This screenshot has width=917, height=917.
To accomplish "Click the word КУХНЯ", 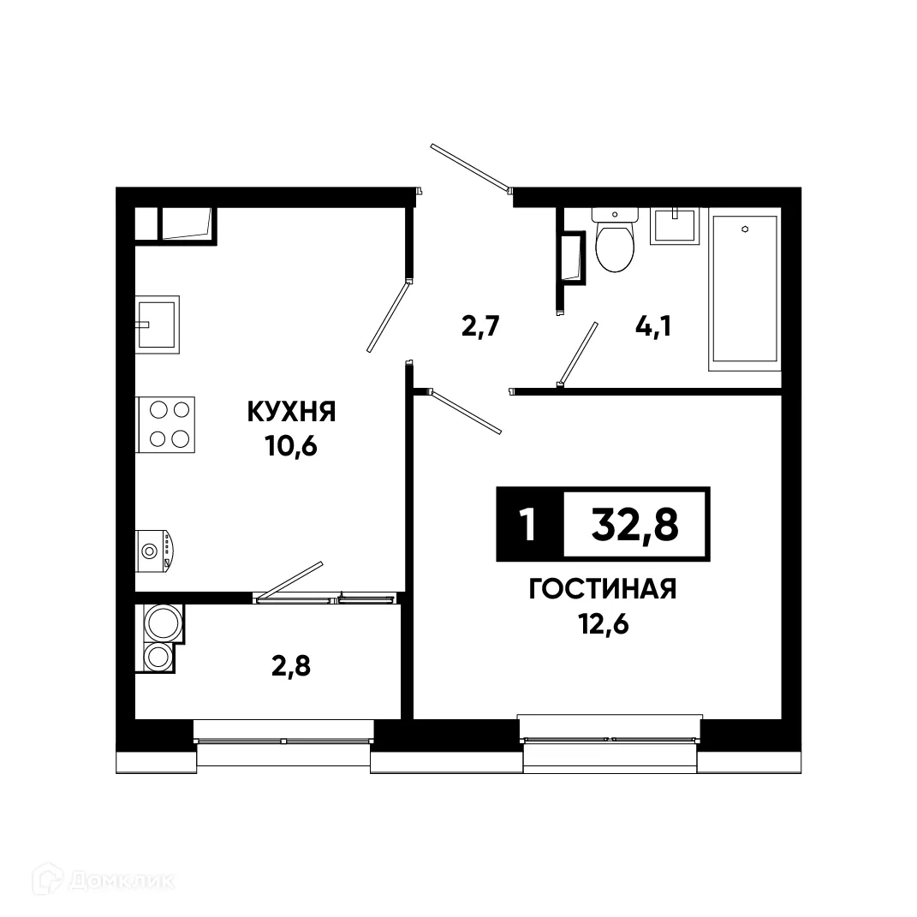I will click(x=290, y=412).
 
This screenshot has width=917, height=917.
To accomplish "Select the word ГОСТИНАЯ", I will click(x=603, y=589).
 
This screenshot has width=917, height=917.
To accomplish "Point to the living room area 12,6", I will click(x=603, y=624).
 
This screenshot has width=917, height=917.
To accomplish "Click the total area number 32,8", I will click(x=635, y=524).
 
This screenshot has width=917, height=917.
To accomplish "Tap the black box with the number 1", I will click(x=529, y=524).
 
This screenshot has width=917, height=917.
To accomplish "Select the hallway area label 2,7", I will click(x=480, y=327).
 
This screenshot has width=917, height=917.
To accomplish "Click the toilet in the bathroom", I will click(x=614, y=241).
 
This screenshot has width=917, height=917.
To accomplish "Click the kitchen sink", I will click(x=157, y=325).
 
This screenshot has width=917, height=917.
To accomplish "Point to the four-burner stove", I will click(x=167, y=425).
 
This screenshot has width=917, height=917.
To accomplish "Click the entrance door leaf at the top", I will click(x=470, y=167).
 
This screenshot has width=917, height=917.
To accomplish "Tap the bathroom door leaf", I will click(x=578, y=352).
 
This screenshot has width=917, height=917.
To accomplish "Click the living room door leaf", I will click(x=467, y=413).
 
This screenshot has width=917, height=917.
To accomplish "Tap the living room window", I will click(x=610, y=739).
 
